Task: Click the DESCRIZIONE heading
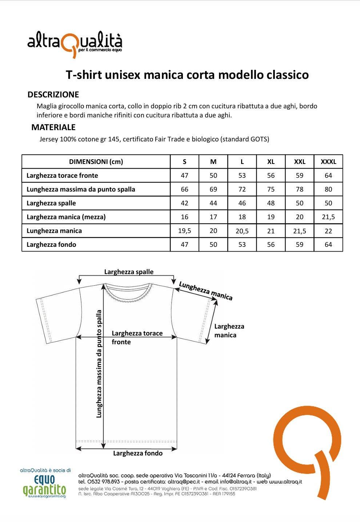[x=53, y=95]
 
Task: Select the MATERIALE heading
[x=53, y=127]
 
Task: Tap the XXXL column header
[x=328, y=162]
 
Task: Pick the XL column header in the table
[x=271, y=162]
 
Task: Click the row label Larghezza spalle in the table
[x=51, y=203]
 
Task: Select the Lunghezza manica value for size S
[x=185, y=231]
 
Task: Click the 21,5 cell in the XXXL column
[x=328, y=217]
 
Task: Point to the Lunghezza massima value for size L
[x=242, y=189]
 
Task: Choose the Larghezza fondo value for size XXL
[x=300, y=245]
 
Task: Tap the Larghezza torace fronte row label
[x=62, y=176]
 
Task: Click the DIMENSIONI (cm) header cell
[x=96, y=162]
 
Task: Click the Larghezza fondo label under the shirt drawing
[x=138, y=453]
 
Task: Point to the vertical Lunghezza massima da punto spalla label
[x=99, y=364]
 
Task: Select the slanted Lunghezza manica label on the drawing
[x=206, y=291]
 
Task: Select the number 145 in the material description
[x=113, y=139]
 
